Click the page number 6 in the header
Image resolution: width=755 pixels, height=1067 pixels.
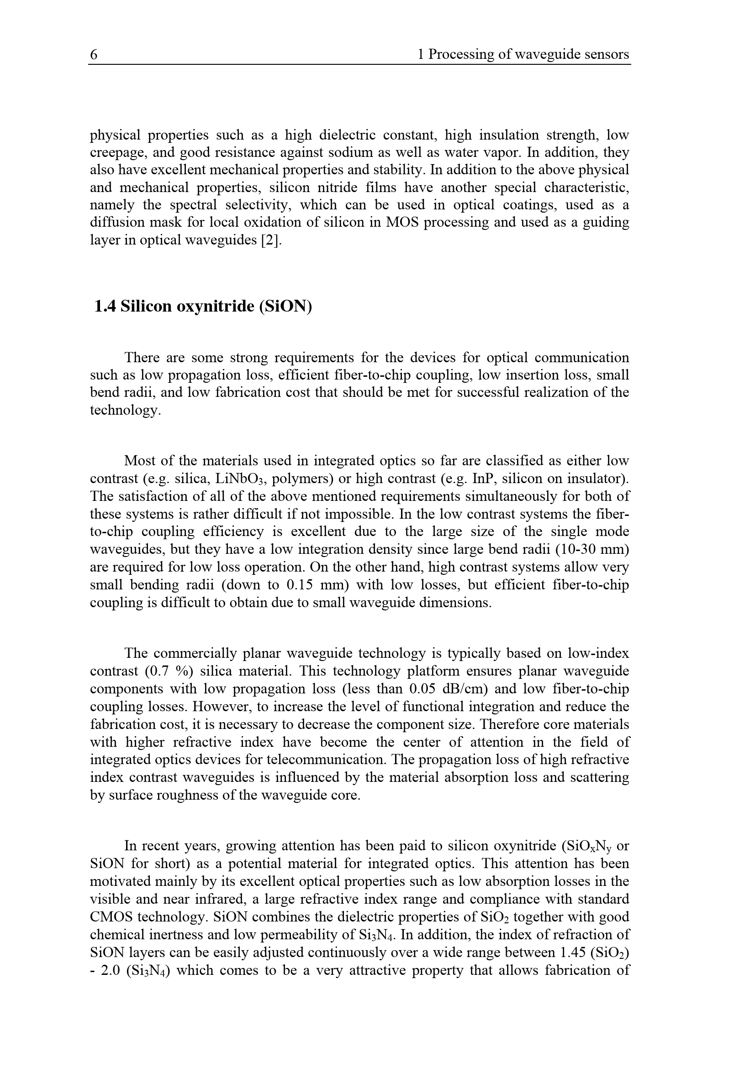pyautogui.click(x=94, y=55)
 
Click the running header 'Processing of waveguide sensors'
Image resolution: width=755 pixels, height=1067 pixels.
pyautogui.click(x=528, y=55)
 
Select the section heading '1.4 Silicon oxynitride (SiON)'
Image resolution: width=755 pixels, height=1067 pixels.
pyautogui.click(x=203, y=307)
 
